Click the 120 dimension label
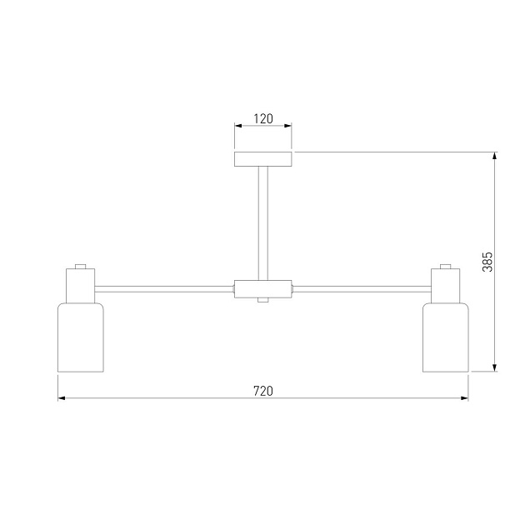(262, 118)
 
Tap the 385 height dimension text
(487, 262)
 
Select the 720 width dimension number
(262, 391)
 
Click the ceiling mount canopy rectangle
(262, 159)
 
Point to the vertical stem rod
(263, 223)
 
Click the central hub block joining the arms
(262, 289)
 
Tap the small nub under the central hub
(262, 300)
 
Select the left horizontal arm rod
(164, 289)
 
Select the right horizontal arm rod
(362, 289)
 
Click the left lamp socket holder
(80, 286)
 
